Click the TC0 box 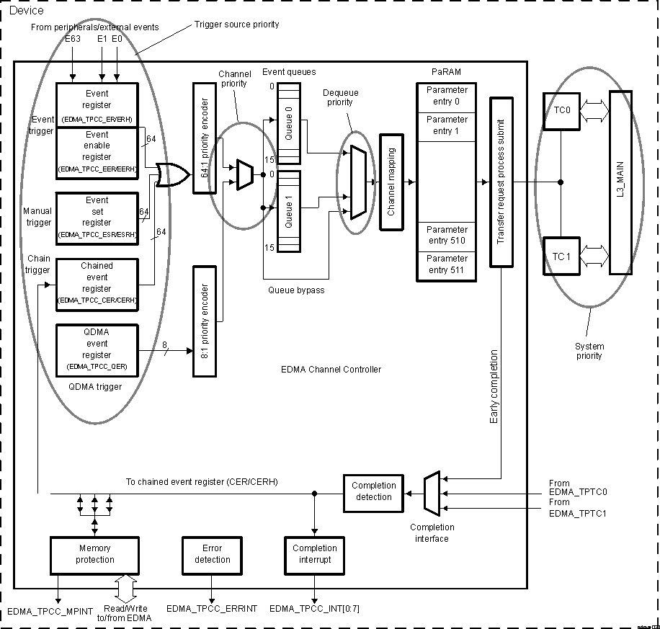tap(561, 111)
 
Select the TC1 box tap(561, 256)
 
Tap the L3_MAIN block tap(620, 182)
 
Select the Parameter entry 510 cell tap(446, 235)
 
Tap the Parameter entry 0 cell tap(446, 96)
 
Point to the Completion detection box tap(374, 492)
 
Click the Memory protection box tap(94, 554)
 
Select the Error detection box tap(213, 554)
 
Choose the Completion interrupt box tap(314, 554)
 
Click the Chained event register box tap(97, 283)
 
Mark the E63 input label tap(73, 39)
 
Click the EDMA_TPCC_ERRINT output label tap(212, 609)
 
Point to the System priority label tap(589, 351)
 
